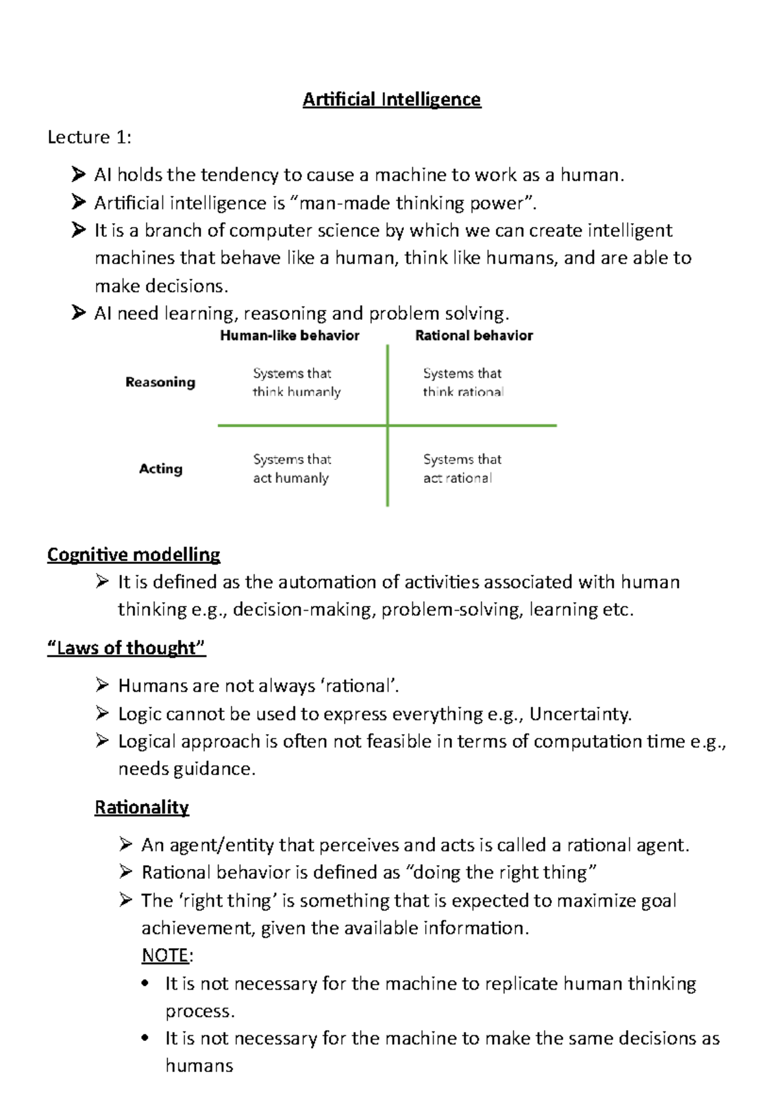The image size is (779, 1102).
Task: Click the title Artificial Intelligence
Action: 391,99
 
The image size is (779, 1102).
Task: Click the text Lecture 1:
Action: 89,137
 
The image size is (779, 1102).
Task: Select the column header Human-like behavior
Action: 290,336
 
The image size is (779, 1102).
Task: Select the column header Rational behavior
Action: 474,336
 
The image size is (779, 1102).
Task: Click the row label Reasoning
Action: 160,382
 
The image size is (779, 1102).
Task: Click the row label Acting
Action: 160,469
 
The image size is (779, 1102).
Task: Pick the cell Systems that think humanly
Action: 296,382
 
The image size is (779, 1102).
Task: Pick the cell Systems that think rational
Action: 463,382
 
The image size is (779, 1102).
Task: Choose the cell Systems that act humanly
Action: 291,469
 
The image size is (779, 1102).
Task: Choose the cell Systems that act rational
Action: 462,469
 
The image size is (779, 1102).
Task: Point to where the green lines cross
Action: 388,426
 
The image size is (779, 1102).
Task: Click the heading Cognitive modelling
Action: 134,555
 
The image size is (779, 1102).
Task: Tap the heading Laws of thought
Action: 127,648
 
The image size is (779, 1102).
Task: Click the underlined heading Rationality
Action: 142,807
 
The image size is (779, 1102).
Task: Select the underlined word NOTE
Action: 165,955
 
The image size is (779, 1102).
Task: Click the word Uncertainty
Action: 579,714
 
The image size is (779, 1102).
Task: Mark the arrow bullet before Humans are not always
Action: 102,685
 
